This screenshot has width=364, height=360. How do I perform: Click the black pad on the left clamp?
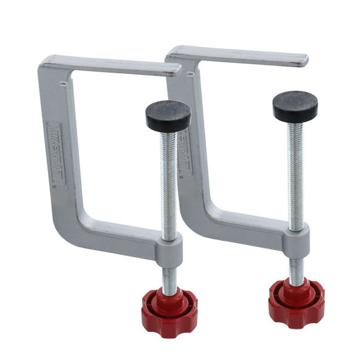[168, 114]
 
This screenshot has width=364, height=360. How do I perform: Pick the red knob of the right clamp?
[296, 302]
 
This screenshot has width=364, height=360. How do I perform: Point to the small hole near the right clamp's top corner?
[190, 74]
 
